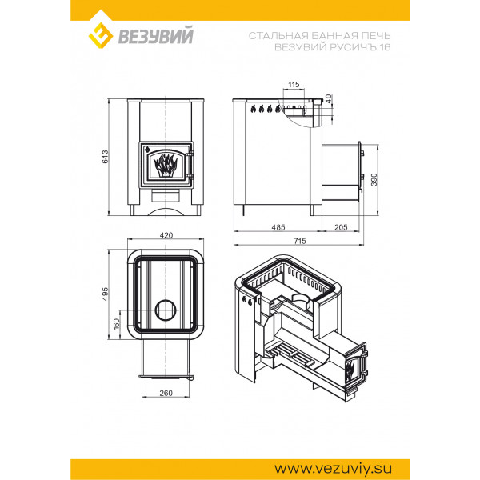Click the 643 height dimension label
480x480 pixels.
pyautogui.click(x=106, y=157)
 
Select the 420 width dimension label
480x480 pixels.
pyautogui.click(x=166, y=235)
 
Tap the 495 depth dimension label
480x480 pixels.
pyautogui.click(x=106, y=294)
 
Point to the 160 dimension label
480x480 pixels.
pyautogui.click(x=116, y=324)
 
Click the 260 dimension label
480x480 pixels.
pyautogui.click(x=166, y=393)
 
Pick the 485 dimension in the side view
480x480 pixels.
pyautogui.click(x=278, y=227)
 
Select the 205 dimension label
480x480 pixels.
pyautogui.click(x=341, y=227)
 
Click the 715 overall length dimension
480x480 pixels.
pyautogui.click(x=300, y=242)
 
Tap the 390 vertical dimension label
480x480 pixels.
pyautogui.click(x=374, y=179)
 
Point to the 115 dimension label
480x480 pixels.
pyautogui.click(x=294, y=85)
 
